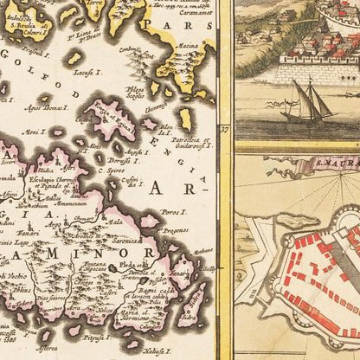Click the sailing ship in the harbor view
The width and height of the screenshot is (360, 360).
pos(311,102)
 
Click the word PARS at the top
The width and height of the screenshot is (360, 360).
pos(195,25)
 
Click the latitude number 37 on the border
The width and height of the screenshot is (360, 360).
pos(223,130)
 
